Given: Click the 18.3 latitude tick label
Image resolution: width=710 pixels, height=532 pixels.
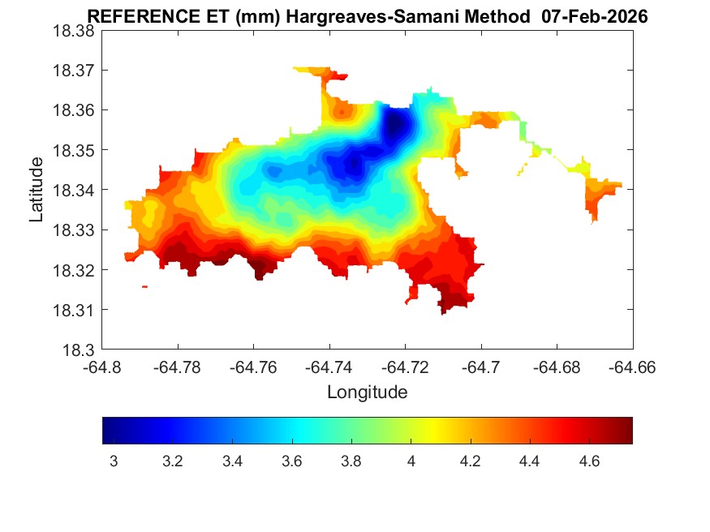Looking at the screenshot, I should [79, 350].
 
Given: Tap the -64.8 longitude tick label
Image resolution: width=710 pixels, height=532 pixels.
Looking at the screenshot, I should [103, 368].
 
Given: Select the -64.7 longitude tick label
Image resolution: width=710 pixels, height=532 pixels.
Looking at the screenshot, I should [482, 368].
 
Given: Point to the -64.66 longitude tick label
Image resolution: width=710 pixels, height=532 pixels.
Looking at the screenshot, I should [633, 368].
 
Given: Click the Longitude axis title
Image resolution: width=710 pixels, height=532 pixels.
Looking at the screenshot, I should [367, 393].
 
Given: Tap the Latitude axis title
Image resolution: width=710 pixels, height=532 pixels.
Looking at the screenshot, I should [37, 191].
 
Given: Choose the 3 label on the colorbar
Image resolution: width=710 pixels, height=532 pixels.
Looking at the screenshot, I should [114, 461].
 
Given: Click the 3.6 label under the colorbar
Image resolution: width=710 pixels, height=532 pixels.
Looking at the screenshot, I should [292, 461].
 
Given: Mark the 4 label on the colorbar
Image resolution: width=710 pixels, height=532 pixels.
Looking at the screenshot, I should [411, 461].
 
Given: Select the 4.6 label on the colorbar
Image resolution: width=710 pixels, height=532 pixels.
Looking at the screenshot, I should [590, 461].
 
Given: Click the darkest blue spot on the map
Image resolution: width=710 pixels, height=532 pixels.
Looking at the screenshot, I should [395, 126].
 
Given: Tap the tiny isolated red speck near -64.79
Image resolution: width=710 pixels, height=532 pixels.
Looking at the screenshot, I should [144, 286].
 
